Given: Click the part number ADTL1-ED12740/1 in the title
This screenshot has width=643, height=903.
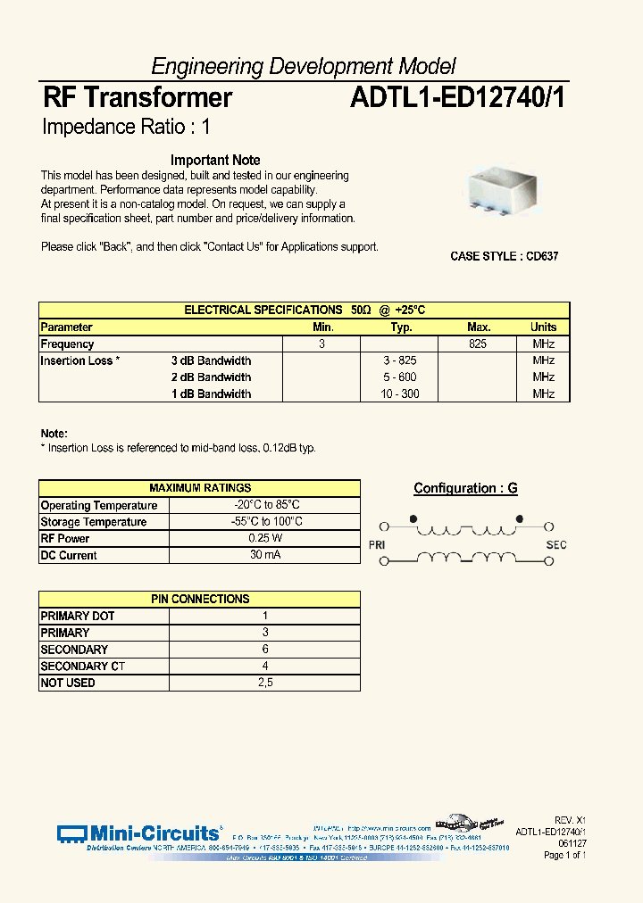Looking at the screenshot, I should (x=456, y=97).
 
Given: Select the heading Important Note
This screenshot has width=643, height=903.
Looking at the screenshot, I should (x=215, y=161).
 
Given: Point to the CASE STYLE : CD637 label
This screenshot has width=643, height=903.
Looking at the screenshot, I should (x=505, y=256).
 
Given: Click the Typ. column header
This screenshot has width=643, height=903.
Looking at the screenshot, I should (x=401, y=327).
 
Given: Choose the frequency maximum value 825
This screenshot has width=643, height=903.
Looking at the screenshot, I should (x=477, y=344).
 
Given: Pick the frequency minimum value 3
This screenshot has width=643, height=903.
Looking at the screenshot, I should (x=321, y=344).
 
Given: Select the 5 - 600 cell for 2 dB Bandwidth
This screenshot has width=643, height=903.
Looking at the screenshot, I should (x=400, y=377).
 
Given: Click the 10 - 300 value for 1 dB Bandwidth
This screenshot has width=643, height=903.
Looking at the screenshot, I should (x=400, y=394).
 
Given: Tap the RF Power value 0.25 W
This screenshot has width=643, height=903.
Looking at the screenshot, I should (x=265, y=538).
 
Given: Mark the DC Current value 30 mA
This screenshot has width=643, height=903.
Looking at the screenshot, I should (x=265, y=555).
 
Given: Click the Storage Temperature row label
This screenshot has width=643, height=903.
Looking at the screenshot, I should (x=94, y=522).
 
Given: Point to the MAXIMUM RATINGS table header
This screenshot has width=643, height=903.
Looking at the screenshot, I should (x=200, y=488).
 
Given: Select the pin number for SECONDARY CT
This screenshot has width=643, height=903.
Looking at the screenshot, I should (x=265, y=666).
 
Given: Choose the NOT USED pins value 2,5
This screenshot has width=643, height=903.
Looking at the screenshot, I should (x=265, y=683).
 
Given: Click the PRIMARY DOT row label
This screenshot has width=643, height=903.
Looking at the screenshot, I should (x=78, y=616).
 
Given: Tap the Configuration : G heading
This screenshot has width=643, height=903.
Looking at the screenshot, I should (x=465, y=488).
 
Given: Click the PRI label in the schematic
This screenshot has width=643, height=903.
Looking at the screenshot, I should (x=377, y=544).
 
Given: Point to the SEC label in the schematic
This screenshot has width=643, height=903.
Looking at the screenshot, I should (x=555, y=544).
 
